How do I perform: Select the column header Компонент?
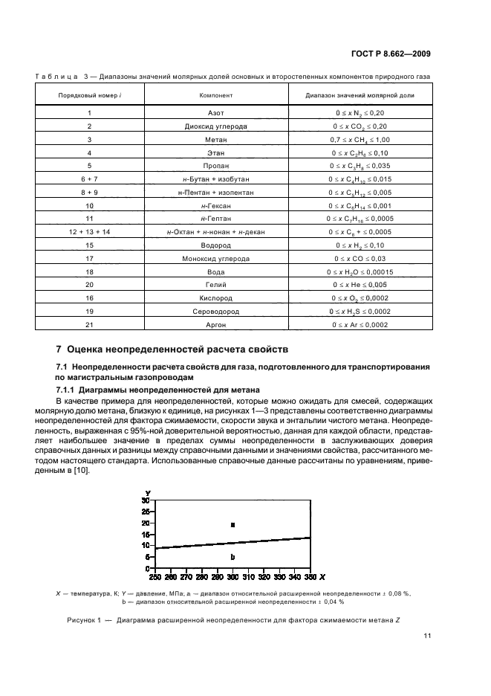215,96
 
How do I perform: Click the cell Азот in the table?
215,114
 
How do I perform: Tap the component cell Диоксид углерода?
215,126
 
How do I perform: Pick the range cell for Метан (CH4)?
360,140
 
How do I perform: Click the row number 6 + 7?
89,178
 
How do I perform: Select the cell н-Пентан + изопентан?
215,192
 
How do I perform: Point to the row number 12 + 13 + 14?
89,231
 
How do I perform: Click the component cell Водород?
215,245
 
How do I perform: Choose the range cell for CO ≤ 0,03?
360,258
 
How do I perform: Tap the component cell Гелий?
215,284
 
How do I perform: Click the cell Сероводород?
215,312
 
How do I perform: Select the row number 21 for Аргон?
89,324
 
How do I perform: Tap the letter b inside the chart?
233,557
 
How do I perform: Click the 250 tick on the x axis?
154,576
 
